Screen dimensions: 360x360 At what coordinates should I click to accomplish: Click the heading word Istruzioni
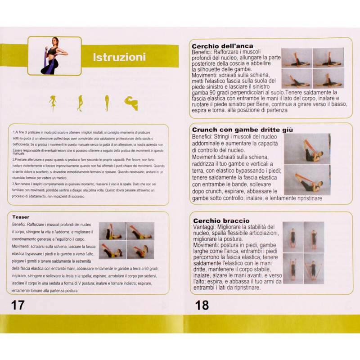click(119, 58)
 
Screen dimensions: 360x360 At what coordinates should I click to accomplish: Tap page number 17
click(18, 305)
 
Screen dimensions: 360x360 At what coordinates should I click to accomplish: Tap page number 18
click(202, 305)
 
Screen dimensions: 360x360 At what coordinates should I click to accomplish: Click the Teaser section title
click(21, 217)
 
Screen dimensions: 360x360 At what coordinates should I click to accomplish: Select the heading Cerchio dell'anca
click(222, 46)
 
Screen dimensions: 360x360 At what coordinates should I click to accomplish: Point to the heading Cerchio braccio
click(221, 220)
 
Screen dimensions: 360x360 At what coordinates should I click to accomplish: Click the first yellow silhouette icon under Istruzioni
click(53, 103)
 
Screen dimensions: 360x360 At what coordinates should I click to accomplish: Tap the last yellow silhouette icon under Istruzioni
click(131, 103)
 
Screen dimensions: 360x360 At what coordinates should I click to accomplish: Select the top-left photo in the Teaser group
click(112, 231)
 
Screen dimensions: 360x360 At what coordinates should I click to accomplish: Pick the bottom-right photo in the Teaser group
click(140, 250)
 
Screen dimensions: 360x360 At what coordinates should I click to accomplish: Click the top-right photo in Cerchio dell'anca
click(328, 58)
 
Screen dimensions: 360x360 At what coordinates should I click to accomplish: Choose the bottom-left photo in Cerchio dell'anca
click(297, 78)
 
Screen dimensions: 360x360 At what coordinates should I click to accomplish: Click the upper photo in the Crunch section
click(307, 148)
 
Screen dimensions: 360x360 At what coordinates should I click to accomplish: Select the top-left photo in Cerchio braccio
click(292, 237)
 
